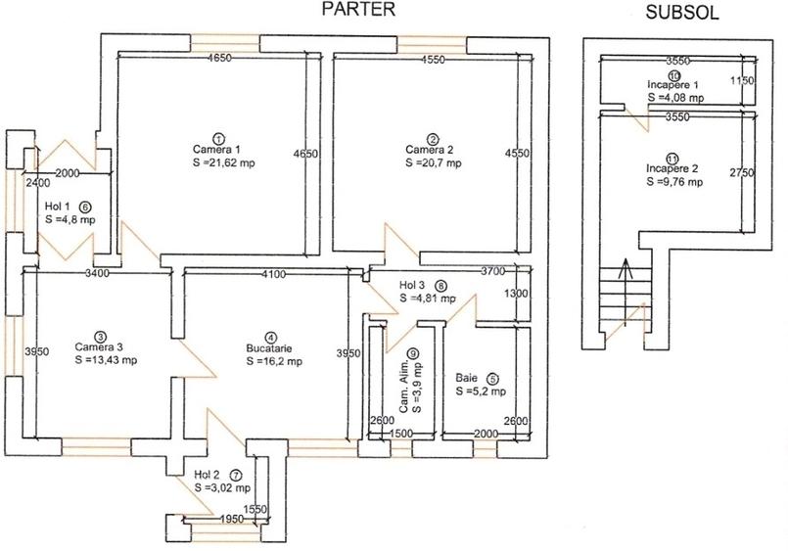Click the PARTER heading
[358, 9]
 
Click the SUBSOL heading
[682, 13]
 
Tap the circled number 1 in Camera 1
[218, 139]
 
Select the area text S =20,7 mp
[434, 162]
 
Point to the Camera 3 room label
[99, 347]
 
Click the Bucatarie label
[269, 348]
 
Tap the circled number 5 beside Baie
[492, 379]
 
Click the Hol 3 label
[411, 286]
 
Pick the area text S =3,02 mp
[222, 487]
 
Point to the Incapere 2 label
[672, 168]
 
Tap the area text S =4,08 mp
[675, 98]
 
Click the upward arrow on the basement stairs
[626, 293]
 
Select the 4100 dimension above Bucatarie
[274, 274]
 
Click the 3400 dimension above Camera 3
[98, 273]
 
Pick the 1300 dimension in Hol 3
[516, 294]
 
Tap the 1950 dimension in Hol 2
[232, 519]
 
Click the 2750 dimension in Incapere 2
[742, 173]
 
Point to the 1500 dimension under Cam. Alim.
[400, 434]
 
